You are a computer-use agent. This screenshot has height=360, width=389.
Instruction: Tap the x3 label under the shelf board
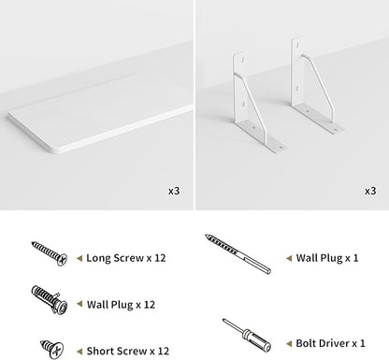tap(174, 191)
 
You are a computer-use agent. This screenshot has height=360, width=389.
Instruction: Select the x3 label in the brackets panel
tap(370, 191)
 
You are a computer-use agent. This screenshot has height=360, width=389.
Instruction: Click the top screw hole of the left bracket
tap(241, 59)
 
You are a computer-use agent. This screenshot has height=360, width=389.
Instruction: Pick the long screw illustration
tap(50, 253)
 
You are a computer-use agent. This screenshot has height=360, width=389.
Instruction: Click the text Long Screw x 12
tap(126, 258)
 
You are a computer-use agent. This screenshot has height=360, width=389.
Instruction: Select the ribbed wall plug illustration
tap(50, 300)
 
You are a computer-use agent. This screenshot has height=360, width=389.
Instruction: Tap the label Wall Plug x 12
tap(121, 305)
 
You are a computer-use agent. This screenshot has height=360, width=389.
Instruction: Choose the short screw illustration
tap(52, 349)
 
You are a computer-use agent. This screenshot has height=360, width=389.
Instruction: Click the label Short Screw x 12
tap(128, 351)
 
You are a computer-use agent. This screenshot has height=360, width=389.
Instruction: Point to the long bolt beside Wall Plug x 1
tap(238, 253)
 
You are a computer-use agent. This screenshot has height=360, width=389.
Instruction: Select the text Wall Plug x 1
tap(327, 258)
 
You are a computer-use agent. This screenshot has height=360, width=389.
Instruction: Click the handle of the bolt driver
tap(256, 339)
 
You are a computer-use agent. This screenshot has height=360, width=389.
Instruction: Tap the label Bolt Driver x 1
tap(330, 343)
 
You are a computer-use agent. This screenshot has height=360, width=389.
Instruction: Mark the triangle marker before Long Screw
tap(79, 258)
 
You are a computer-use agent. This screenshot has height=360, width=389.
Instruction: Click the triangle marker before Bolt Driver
tap(289, 343)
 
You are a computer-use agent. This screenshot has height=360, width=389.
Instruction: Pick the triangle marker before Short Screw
tap(79, 352)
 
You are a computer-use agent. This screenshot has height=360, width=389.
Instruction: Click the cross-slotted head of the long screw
tap(63, 260)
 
